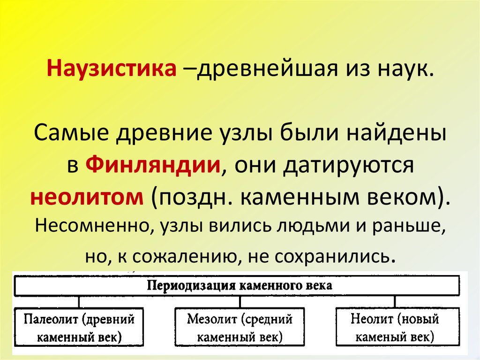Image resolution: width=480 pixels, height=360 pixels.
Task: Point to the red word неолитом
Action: pyautogui.click(x=87, y=197)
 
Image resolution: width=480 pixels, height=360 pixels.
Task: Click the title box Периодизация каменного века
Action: pyautogui.click(x=240, y=286)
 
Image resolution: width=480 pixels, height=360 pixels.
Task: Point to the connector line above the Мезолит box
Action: pyautogui.click(x=240, y=302)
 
